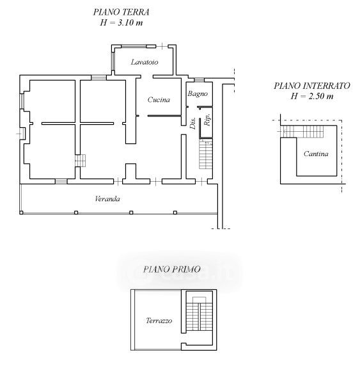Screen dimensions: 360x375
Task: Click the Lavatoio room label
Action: [145, 62]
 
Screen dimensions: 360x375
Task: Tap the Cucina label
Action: [159, 99]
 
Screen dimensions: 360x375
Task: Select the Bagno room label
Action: [198, 93]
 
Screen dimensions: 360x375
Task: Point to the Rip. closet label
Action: [207, 119]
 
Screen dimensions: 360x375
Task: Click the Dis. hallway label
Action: [192, 123]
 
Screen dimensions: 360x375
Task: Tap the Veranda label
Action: [107, 199]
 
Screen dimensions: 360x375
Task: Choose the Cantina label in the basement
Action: [316, 154]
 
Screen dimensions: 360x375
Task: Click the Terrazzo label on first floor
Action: [159, 321]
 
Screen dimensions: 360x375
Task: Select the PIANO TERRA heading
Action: [121, 12]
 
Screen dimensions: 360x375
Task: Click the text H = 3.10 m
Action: [121, 23]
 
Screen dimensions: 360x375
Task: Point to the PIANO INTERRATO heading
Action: [312, 86]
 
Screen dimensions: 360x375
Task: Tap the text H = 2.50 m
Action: [312, 96]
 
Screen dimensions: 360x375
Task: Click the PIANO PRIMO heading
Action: [171, 269]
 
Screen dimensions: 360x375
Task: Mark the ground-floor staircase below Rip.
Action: [206, 154]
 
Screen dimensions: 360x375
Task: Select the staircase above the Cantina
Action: [302, 132]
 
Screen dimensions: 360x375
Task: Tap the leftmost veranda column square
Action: [21, 212]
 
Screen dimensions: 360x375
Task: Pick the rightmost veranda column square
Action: [175, 212]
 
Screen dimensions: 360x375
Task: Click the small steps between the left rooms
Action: [80, 161]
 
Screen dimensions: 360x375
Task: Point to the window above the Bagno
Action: [199, 80]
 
